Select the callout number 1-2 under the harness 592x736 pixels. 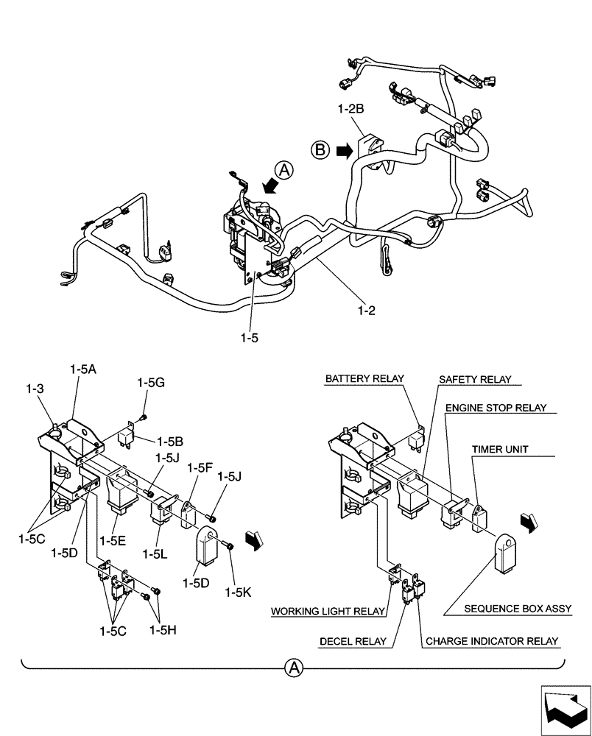click(x=365, y=311)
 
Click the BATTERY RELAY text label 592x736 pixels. click(x=365, y=379)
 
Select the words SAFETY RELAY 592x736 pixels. click(x=475, y=380)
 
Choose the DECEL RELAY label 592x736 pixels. click(x=353, y=641)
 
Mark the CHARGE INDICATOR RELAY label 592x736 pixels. click(x=491, y=641)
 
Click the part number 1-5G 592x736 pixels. click(x=151, y=383)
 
